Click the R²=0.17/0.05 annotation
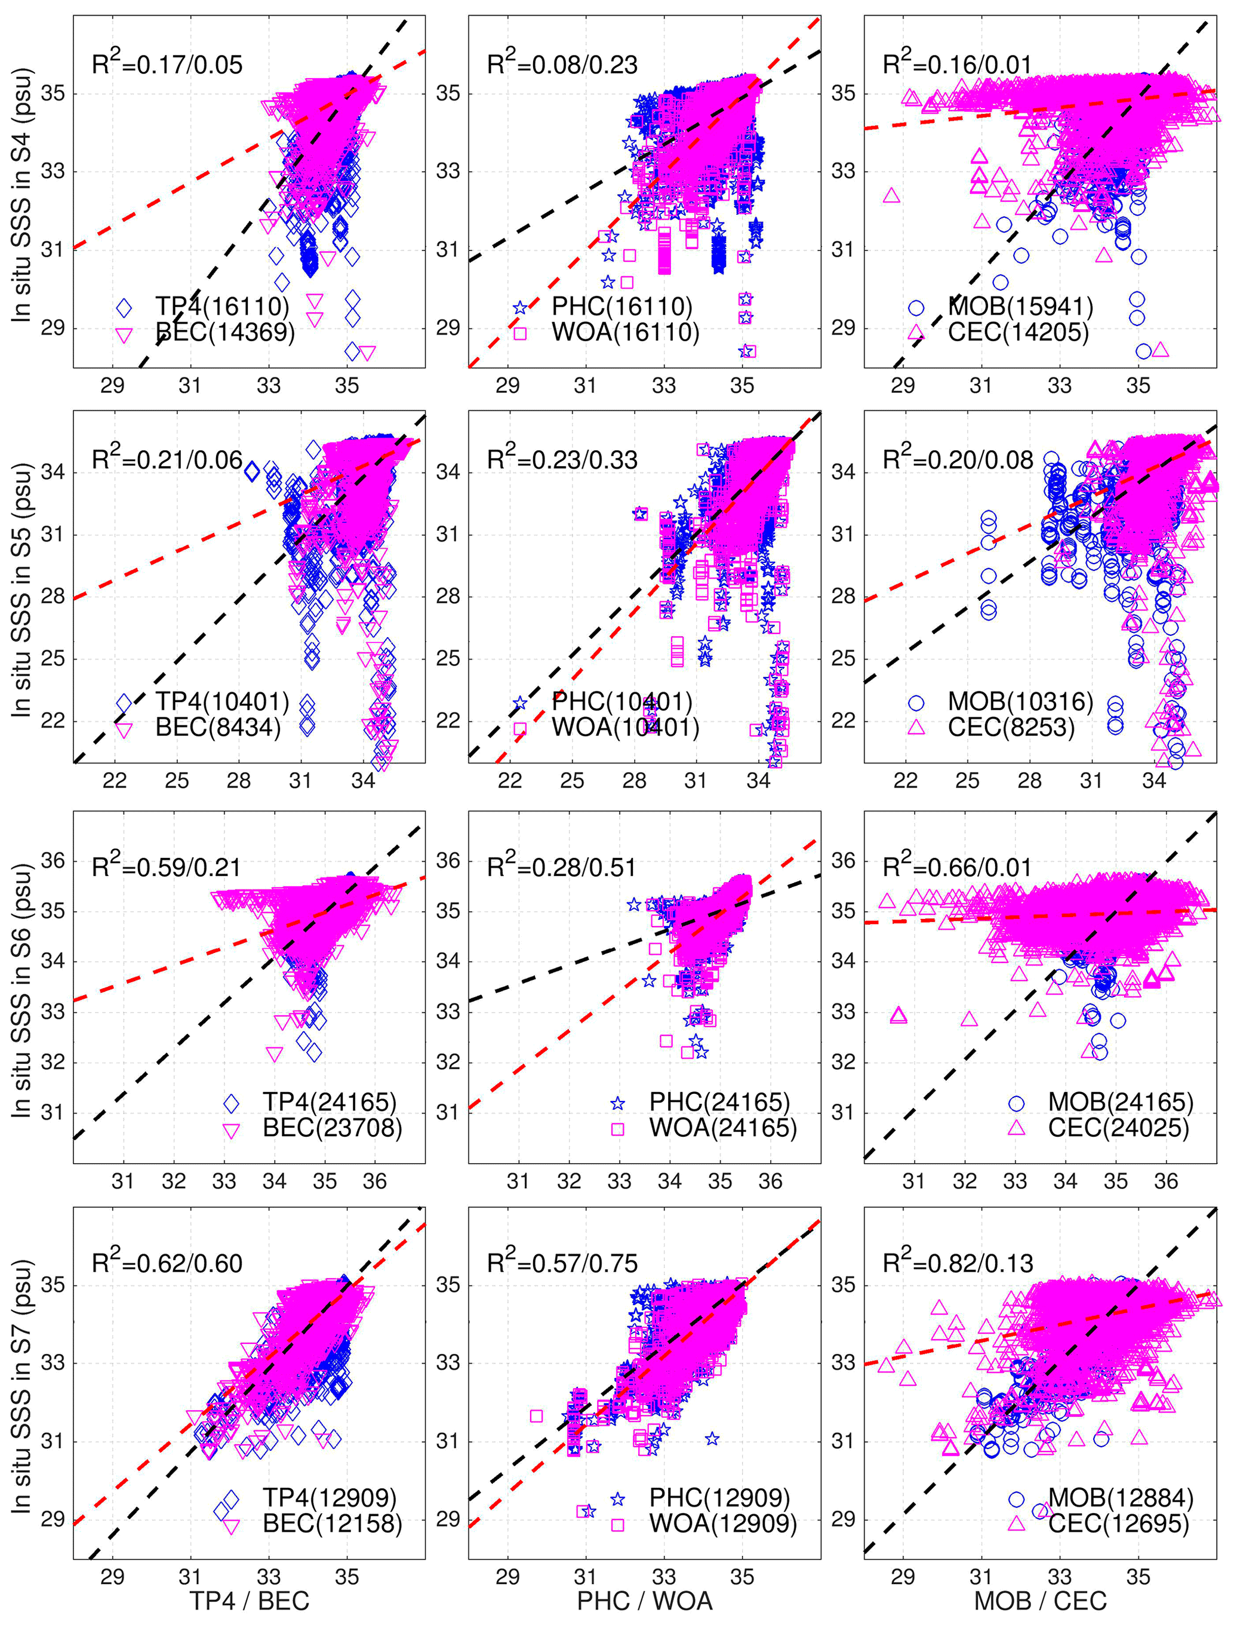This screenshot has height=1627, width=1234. (x=167, y=64)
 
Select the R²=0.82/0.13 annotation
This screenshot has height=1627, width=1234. (x=958, y=1263)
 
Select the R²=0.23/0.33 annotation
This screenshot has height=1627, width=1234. (x=562, y=460)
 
